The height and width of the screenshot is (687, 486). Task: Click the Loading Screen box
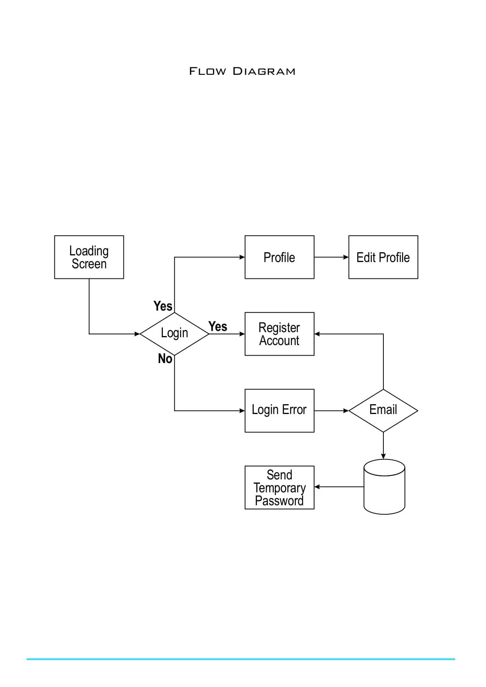pyautogui.click(x=89, y=257)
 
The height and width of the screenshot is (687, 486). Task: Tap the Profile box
pyautogui.click(x=279, y=257)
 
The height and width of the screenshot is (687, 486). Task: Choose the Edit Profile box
pyautogui.click(x=383, y=257)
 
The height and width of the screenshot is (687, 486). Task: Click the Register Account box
pyautogui.click(x=279, y=334)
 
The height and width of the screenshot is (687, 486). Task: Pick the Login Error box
pyautogui.click(x=279, y=410)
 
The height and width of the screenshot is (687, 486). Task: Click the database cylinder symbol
pyautogui.click(x=384, y=487)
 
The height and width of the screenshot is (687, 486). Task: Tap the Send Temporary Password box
pyautogui.click(x=279, y=487)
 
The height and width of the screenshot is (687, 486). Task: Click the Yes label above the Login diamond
pyautogui.click(x=163, y=306)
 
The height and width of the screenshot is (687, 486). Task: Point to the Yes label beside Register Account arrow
pyautogui.click(x=218, y=326)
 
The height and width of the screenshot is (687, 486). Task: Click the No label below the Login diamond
pyautogui.click(x=165, y=358)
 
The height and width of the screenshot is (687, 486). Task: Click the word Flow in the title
pyautogui.click(x=208, y=71)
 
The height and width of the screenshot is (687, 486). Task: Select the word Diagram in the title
pyautogui.click(x=264, y=71)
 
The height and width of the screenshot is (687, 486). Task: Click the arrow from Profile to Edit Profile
pyautogui.click(x=331, y=257)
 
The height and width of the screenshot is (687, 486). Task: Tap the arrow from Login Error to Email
pyautogui.click(x=331, y=410)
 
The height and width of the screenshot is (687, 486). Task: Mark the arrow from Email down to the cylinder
pyautogui.click(x=383, y=446)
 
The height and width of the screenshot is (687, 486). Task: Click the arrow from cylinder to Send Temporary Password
pyautogui.click(x=339, y=487)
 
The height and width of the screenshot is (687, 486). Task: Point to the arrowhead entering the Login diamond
pyautogui.click(x=137, y=334)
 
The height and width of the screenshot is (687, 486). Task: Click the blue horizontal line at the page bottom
pyautogui.click(x=240, y=659)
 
